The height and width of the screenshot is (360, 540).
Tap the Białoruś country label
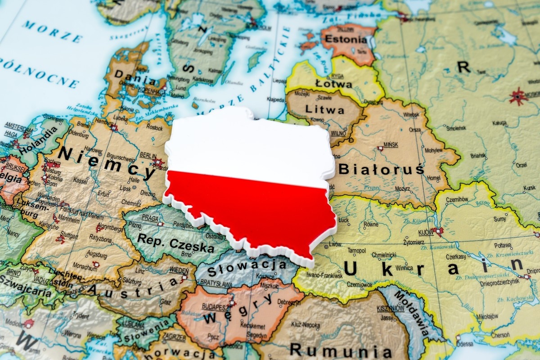(381, 169)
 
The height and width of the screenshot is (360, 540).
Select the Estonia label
(346, 39)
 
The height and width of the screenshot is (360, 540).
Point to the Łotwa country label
(333, 84)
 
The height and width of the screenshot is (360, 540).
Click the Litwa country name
(324, 109)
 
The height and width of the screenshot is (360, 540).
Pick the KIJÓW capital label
(426, 233)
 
